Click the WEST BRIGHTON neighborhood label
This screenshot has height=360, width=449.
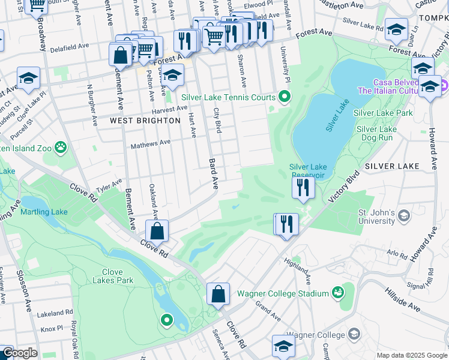[145, 121]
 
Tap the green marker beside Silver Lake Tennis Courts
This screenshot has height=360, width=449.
[285, 97]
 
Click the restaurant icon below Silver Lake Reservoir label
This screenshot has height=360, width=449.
[303, 187]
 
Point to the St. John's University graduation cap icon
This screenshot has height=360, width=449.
[405, 215]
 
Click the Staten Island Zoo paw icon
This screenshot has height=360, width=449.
[60, 147]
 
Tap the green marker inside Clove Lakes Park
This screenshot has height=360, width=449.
[166, 321]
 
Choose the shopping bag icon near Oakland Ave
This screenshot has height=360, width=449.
[157, 231]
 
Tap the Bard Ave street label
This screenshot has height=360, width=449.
[214, 173]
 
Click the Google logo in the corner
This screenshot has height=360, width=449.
[19, 353]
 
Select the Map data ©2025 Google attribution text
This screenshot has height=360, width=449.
[412, 355]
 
